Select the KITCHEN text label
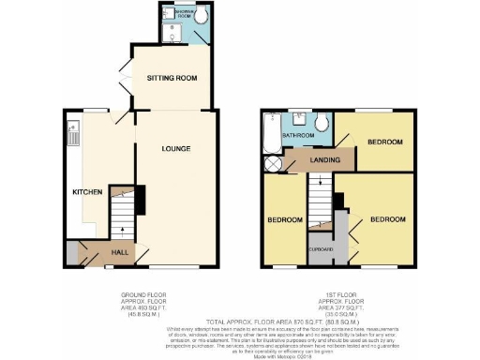87,192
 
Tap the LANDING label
325,160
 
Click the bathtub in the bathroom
271,133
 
